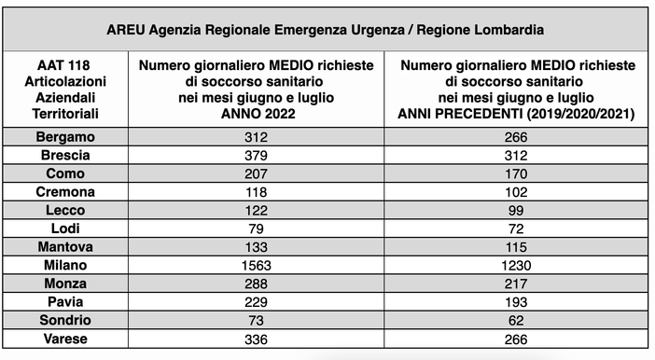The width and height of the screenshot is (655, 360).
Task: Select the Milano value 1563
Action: (x=256, y=265)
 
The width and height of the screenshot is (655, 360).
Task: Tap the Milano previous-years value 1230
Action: (x=516, y=265)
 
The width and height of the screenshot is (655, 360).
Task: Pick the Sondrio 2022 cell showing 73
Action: (x=256, y=320)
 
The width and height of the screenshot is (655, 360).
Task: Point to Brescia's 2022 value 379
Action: (x=256, y=156)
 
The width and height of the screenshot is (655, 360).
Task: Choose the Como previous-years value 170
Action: (x=516, y=173)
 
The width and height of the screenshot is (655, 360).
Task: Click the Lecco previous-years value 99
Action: (x=516, y=210)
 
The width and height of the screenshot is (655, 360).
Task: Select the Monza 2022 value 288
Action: (x=256, y=284)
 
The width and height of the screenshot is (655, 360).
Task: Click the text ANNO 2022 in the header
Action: (x=256, y=114)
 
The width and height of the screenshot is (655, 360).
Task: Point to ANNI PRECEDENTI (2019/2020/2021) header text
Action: (x=516, y=114)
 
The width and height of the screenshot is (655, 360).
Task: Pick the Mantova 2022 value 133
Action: (x=256, y=247)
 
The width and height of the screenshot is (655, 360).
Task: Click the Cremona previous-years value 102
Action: (x=516, y=192)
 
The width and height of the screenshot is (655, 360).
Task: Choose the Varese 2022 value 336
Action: (x=256, y=338)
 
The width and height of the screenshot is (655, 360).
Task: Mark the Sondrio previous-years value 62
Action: (x=516, y=320)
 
